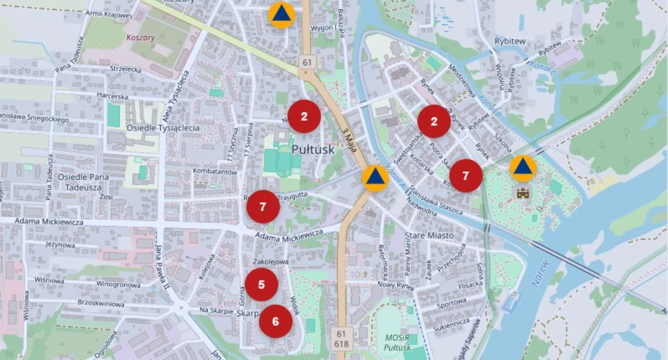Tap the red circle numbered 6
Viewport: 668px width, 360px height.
click(276, 321)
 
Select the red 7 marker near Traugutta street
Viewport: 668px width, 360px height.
click(263, 206)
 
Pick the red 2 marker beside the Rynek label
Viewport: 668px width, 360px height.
click(434, 121)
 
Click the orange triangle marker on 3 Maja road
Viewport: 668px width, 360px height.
click(376, 178)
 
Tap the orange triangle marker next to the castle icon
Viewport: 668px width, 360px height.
click(523, 168)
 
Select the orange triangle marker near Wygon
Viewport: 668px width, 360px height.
click(282, 14)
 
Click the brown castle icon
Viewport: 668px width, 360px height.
click(522, 193)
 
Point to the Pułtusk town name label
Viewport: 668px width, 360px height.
click(313, 150)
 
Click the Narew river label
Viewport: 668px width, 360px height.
click(541, 273)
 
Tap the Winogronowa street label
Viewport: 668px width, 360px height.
click(119, 285)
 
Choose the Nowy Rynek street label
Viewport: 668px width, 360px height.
click(395, 285)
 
